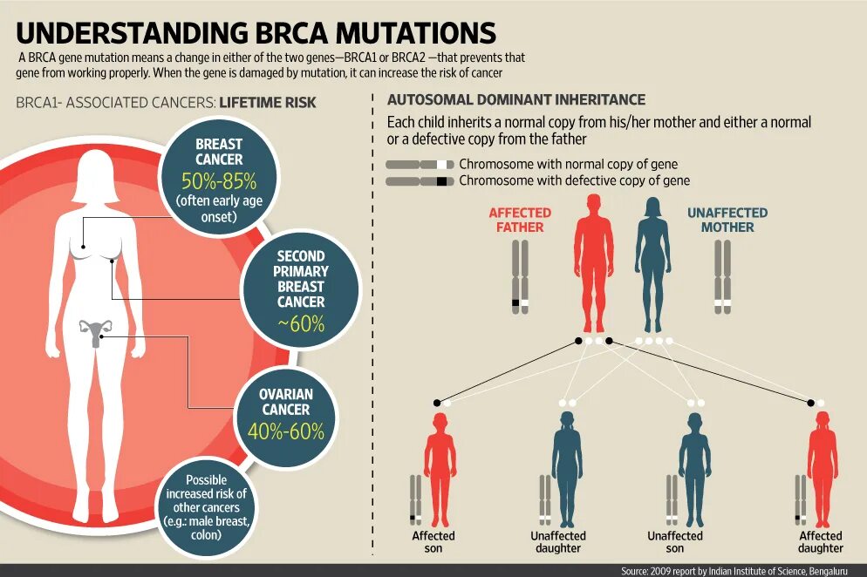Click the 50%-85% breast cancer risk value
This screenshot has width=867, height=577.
pyautogui.click(x=219, y=182)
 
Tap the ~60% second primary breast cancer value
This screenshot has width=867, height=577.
pyautogui.click(x=301, y=324)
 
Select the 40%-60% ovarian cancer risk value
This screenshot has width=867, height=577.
pyautogui.click(x=286, y=431)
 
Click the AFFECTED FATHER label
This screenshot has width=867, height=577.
pyautogui.click(x=520, y=220)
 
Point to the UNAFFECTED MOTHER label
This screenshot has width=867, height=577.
pyautogui.click(x=727, y=220)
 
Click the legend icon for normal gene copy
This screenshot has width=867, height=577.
pyautogui.click(x=420, y=164)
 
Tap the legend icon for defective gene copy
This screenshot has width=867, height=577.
pyautogui.click(x=420, y=181)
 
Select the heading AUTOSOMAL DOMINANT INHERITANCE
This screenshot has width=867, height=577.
pyautogui.click(x=516, y=100)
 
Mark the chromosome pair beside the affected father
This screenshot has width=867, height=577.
pyautogui.click(x=520, y=277)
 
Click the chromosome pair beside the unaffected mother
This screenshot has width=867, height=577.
pyautogui.click(x=723, y=277)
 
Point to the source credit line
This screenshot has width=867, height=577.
pyautogui.click(x=741, y=571)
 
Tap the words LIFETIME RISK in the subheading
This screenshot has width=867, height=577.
pyautogui.click(x=268, y=103)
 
